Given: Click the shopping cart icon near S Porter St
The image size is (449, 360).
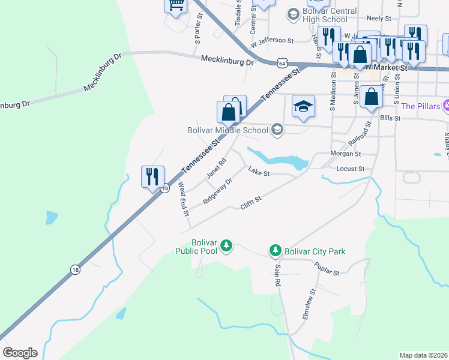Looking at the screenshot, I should (175, 5).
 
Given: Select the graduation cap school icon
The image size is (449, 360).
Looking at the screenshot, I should (303, 106).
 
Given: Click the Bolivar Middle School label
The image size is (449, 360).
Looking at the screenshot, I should (227, 130).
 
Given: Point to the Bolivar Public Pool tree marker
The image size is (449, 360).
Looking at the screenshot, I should (226, 245).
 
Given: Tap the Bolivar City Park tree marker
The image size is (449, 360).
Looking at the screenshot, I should (276, 250).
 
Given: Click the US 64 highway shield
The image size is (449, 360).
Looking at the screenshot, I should (282, 63).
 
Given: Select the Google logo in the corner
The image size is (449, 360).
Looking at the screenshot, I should (20, 353).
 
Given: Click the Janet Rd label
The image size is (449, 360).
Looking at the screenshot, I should (216, 168).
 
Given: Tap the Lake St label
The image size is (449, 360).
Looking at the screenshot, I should (259, 173).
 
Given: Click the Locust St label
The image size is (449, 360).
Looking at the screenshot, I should (351, 169).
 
